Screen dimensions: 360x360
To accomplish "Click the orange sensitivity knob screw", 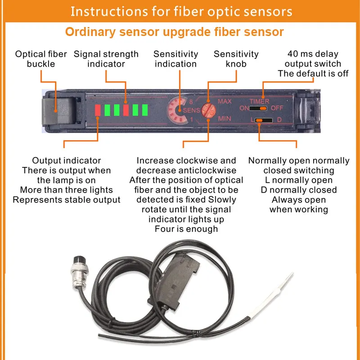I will (208, 110).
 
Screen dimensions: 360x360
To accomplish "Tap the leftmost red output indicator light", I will (98, 110).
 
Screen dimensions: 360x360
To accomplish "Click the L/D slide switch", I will (264, 120).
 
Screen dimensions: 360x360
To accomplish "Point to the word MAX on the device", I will (225, 101).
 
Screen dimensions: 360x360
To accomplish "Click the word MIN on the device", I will (225, 119).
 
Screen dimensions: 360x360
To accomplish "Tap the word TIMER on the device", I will (260, 102).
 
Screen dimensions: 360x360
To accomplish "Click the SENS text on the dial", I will (191, 110).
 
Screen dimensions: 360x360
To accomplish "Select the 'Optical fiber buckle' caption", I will (41, 59).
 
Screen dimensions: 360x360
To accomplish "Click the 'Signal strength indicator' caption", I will (106, 59).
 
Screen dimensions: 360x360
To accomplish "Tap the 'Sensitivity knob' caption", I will (236, 59).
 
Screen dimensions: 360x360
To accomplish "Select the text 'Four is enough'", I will (186, 229).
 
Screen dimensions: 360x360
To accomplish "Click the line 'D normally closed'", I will (299, 190).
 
